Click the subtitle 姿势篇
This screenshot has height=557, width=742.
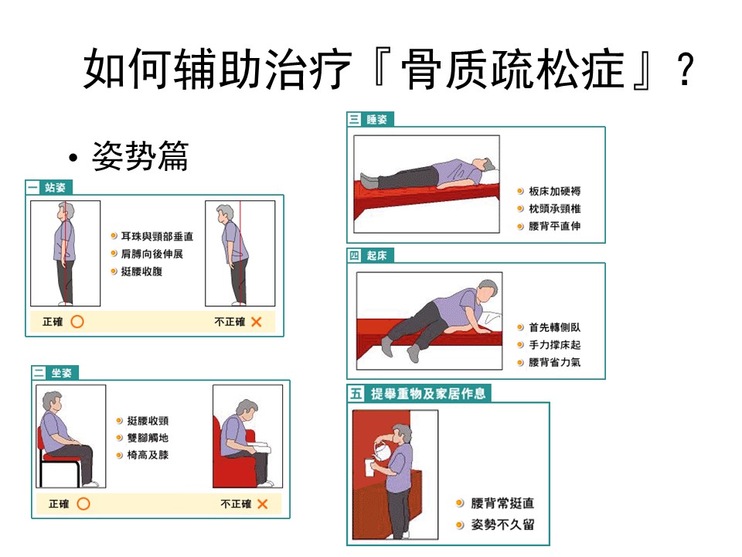(x=141, y=155)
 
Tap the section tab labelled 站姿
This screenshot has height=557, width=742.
(x=49, y=187)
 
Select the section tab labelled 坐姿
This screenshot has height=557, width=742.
(x=55, y=373)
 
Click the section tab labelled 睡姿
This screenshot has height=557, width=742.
(x=370, y=119)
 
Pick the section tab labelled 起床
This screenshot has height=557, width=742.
(x=370, y=256)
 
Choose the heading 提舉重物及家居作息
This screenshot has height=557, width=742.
(x=419, y=394)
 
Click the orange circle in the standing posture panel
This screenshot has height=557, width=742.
(x=77, y=322)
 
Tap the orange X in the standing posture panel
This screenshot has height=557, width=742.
(x=257, y=322)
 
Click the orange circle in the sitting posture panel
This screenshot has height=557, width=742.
(x=83, y=504)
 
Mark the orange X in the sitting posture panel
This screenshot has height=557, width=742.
(x=263, y=504)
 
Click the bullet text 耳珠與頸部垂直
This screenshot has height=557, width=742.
(x=157, y=237)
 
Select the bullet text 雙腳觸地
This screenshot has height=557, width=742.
(x=148, y=438)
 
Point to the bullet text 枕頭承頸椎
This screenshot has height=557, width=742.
(x=555, y=209)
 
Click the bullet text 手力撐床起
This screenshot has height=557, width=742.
(x=555, y=345)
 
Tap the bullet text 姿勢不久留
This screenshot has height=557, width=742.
(x=502, y=525)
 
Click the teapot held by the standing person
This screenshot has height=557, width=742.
(x=381, y=450)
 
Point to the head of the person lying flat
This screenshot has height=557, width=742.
(x=485, y=166)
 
